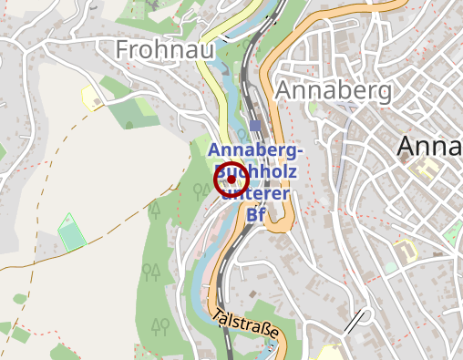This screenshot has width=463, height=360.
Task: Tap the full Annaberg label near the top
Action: (x=334, y=91)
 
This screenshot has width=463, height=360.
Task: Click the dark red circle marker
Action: (x=231, y=180)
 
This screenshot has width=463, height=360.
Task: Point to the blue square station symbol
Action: (x=254, y=125)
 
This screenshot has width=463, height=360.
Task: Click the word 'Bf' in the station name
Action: (x=258, y=215)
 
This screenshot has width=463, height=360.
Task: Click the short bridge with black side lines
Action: (x=357, y=320)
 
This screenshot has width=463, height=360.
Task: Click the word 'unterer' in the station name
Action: (x=257, y=193)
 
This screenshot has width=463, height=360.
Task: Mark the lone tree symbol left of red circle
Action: (x=201, y=190)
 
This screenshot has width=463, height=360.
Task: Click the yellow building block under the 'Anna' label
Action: (x=425, y=170)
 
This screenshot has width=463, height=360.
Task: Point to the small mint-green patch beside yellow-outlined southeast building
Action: (x=390, y=267)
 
